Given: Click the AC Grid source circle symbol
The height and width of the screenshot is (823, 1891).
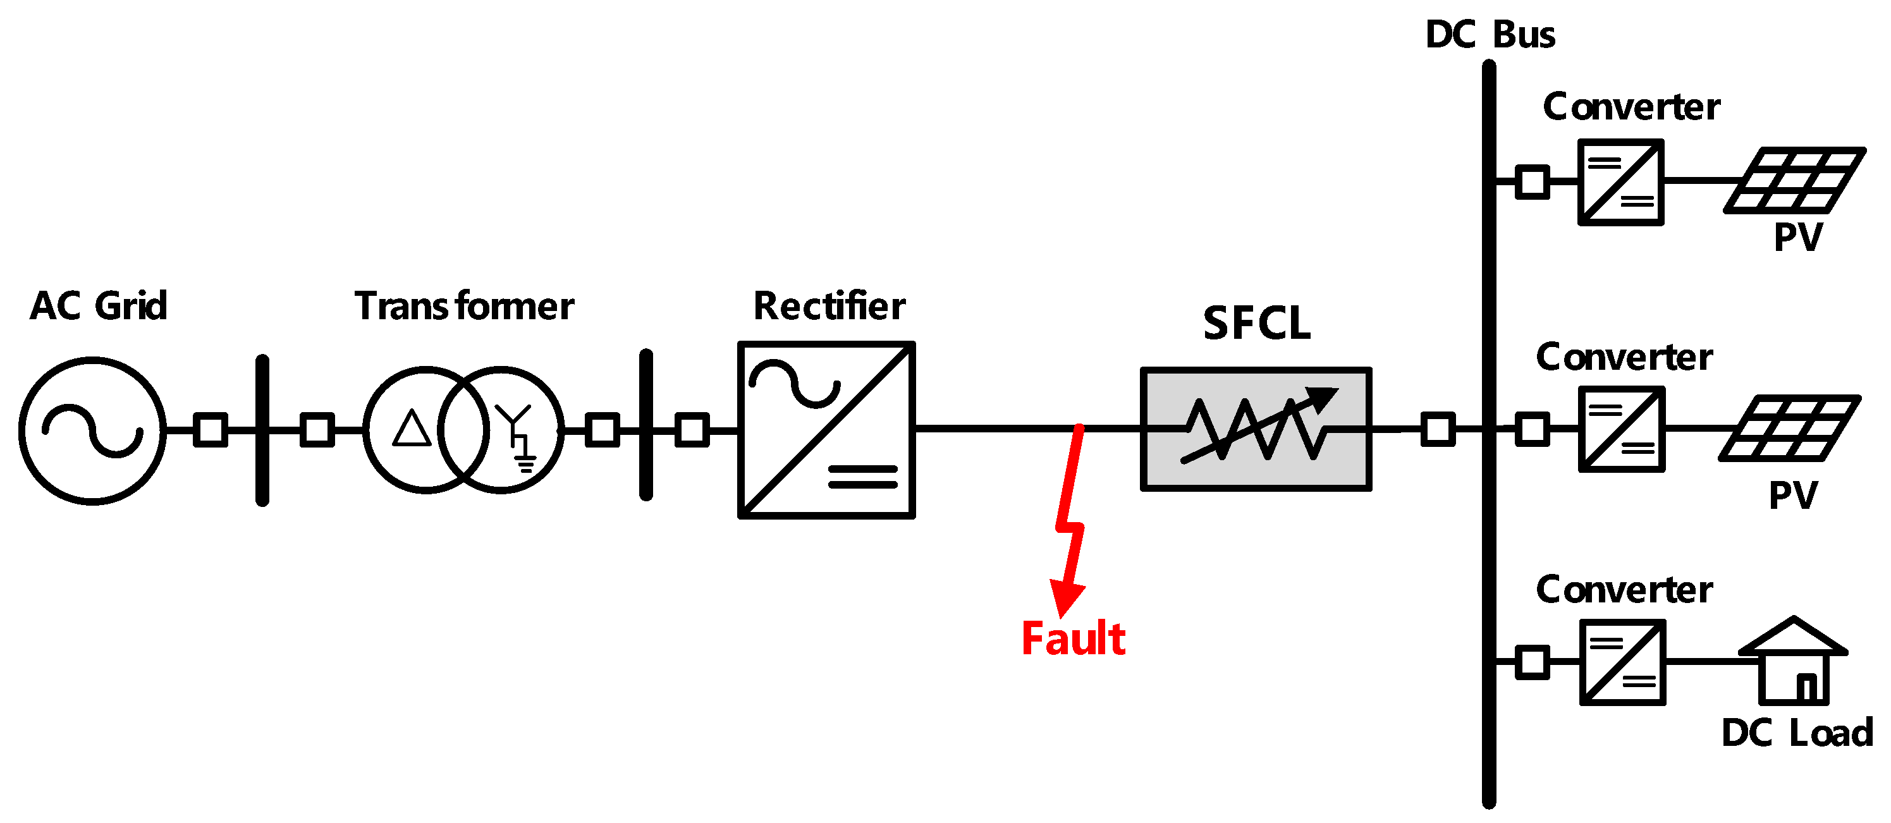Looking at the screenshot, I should (x=92, y=431).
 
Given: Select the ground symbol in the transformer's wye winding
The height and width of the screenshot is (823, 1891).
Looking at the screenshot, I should (x=525, y=463).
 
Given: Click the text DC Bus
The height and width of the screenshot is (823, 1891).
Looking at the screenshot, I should (x=1490, y=35).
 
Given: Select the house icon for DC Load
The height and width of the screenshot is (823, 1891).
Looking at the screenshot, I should (x=1792, y=661).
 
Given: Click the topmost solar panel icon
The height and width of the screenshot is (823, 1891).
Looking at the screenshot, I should (x=1794, y=181).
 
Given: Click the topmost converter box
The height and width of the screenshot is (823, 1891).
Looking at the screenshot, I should (x=1621, y=182).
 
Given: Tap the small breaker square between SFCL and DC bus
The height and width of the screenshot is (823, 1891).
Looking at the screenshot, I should (x=1437, y=429).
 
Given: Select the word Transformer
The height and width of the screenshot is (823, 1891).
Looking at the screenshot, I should (x=463, y=306).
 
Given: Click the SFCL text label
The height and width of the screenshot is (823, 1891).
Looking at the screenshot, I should (x=1256, y=323).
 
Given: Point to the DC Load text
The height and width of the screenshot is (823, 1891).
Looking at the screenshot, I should (x=1796, y=733).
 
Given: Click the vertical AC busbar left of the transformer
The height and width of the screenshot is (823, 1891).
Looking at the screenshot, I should (x=262, y=430).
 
